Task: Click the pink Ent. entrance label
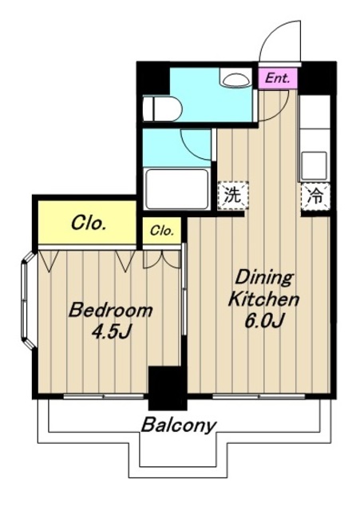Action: [278, 78]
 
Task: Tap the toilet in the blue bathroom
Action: [162, 109]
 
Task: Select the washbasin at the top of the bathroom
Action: [234, 77]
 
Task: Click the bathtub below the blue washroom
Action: [177, 189]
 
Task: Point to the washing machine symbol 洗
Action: [233, 196]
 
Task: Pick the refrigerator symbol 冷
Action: [315, 197]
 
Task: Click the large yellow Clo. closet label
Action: [89, 224]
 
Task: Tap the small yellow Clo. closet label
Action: [161, 231]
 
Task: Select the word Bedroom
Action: [110, 310]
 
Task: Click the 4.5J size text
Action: [111, 332]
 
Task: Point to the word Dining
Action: [264, 278]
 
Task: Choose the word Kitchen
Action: [263, 299]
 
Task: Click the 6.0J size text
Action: [264, 321]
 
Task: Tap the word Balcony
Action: [179, 426]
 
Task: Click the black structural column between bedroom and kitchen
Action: [168, 388]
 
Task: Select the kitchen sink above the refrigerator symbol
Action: [314, 166]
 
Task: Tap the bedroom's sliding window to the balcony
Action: [104, 396]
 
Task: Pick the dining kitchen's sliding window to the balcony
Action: [259, 396]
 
